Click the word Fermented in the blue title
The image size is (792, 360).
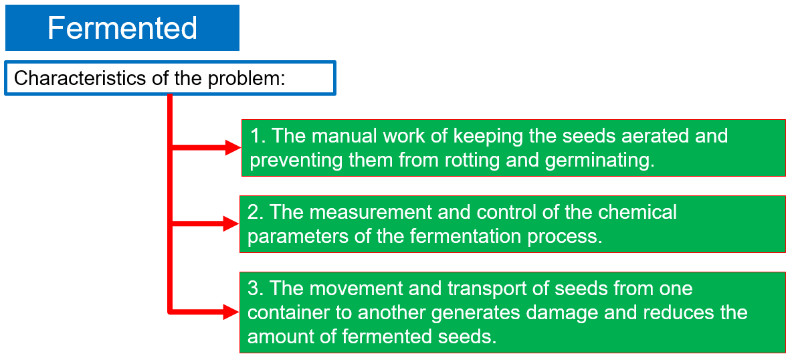coord(122,28)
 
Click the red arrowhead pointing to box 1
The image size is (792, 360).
coord(233,148)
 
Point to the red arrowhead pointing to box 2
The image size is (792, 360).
coord(231,223)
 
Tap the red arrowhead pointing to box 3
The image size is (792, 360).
coord(231,312)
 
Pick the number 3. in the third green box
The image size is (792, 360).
coord(256,288)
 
